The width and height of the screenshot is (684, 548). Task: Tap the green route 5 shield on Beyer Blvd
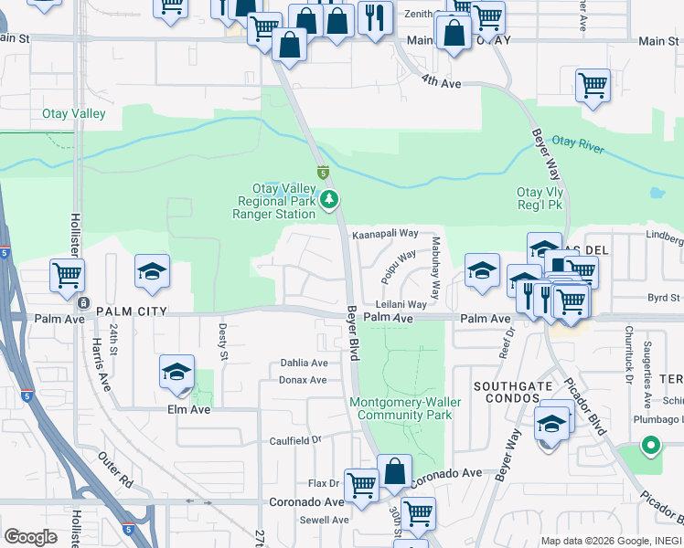(323, 172)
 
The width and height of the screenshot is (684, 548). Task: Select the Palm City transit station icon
(83, 303)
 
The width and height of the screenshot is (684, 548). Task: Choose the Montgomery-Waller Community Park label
(405, 408)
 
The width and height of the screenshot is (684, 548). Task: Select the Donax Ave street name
(303, 380)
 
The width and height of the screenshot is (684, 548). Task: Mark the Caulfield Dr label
(296, 439)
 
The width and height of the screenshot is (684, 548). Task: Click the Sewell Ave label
(325, 520)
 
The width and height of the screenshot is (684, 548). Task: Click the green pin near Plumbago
(650, 446)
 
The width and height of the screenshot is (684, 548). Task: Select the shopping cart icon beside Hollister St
(67, 274)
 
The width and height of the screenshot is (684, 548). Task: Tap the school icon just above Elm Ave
(176, 371)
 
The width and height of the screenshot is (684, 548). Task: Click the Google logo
(30, 537)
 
